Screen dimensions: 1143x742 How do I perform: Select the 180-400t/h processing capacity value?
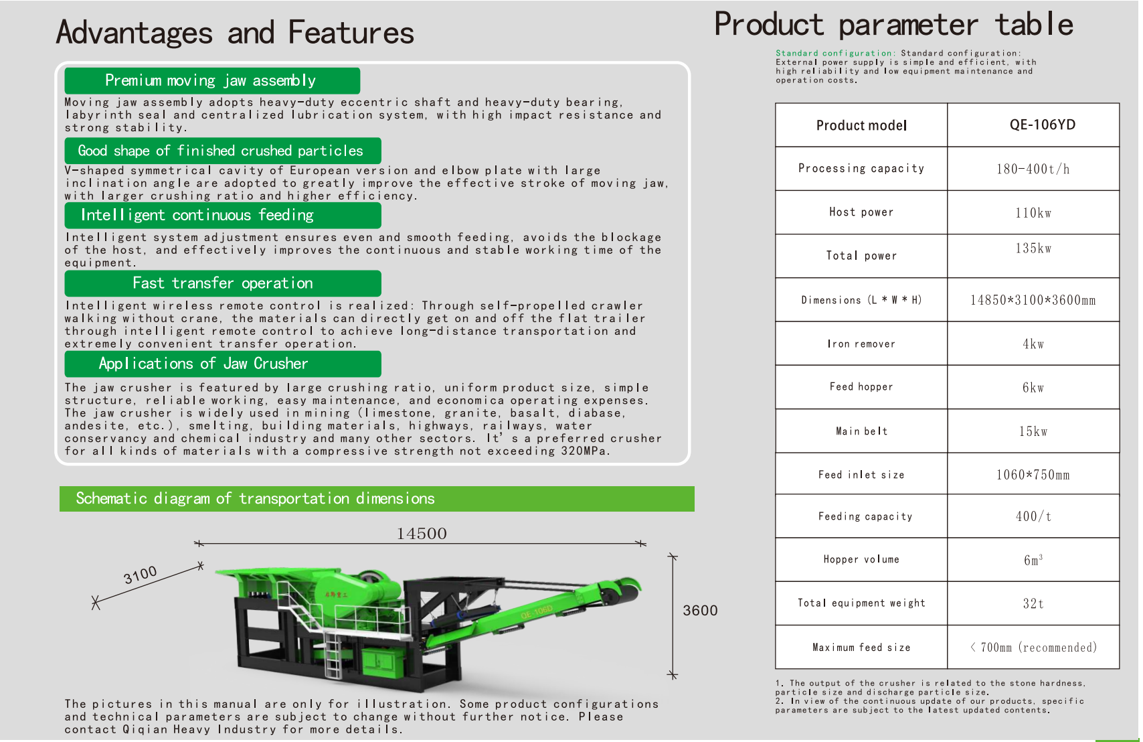pos(1033,169)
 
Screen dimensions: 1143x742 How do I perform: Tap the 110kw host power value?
pos(1033,213)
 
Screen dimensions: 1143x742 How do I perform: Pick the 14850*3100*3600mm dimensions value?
pos(1033,300)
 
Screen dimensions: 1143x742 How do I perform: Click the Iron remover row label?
pos(861,344)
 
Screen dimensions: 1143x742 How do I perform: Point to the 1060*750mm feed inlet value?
pos(1033,475)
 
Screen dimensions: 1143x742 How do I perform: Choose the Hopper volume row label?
pos(861,559)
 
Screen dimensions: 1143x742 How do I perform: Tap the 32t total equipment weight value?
pos(1033,603)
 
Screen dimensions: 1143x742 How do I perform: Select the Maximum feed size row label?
pos(861,648)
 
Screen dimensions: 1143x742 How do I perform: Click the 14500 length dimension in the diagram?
pos(422,534)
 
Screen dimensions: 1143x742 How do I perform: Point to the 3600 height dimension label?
pos(700,610)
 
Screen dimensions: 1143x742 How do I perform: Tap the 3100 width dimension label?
pos(141,575)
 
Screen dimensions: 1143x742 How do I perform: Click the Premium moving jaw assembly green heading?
pos(212,80)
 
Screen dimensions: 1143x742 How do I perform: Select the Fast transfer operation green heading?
pos(223,283)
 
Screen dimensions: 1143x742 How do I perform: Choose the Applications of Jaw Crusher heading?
pos(223,364)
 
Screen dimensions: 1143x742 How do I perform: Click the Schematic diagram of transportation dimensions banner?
pos(377,498)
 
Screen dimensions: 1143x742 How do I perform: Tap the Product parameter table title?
pos(893,25)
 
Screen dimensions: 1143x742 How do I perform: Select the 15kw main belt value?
pos(1033,431)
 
